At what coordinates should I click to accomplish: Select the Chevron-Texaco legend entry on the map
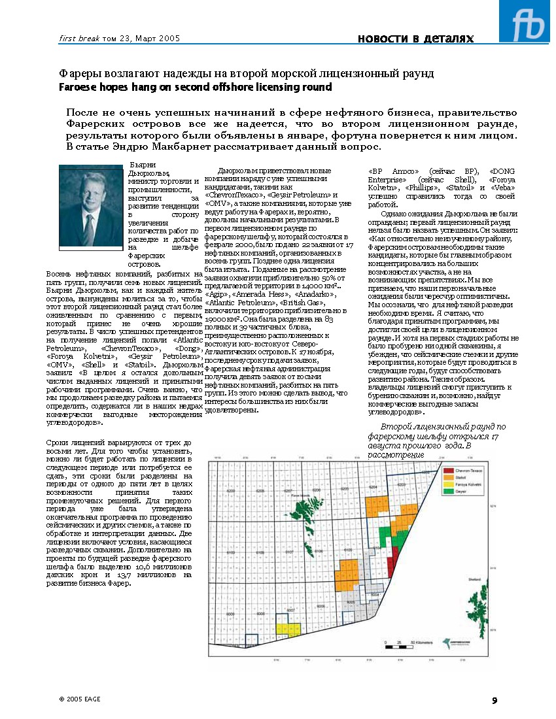(467, 470)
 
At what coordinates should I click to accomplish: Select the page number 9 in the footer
(495, 701)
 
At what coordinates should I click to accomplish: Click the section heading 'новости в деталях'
(415, 39)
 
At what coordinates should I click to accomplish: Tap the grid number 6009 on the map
(230, 614)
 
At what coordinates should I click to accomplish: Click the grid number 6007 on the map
(291, 609)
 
